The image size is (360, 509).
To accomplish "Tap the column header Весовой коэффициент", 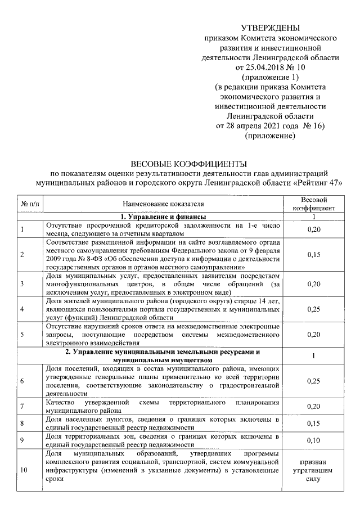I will [314, 204].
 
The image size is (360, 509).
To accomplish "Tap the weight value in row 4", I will [314, 309].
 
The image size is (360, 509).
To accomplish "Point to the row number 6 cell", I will [21, 381].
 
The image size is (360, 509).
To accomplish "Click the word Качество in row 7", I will [61, 403].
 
